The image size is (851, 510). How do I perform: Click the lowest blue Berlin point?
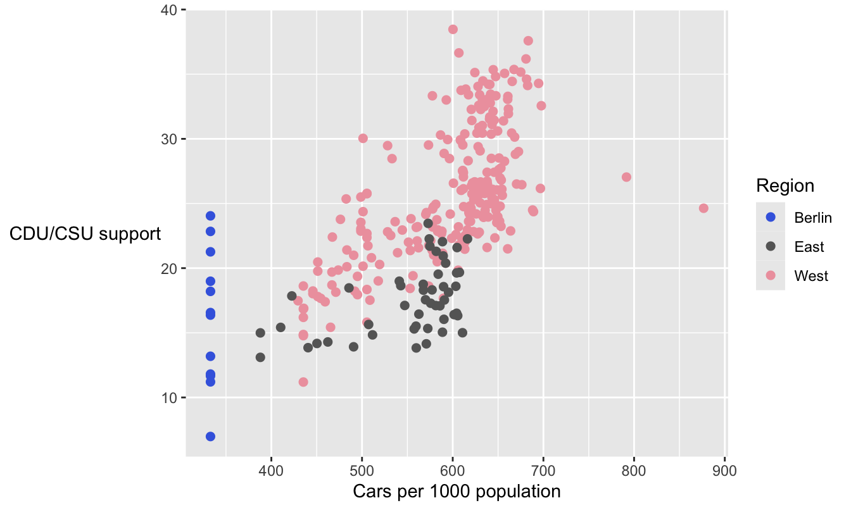pyautogui.click(x=210, y=437)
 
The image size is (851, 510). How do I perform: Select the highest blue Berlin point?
pyautogui.click(x=210, y=216)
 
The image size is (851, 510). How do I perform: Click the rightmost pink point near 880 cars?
pyautogui.click(x=703, y=208)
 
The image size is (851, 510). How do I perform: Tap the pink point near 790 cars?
pyautogui.click(x=626, y=177)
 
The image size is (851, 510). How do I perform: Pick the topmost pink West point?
pyautogui.click(x=453, y=29)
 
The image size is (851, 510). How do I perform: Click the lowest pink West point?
pyautogui.click(x=303, y=382)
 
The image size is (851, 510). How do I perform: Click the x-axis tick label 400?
pyautogui.click(x=271, y=471)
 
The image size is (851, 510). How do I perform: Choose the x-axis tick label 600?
pyautogui.click(x=452, y=471)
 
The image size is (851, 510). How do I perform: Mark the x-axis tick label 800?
pyautogui.click(x=633, y=471)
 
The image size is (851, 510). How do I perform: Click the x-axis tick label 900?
pyautogui.click(x=724, y=471)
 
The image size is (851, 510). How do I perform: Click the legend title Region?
pyautogui.click(x=785, y=185)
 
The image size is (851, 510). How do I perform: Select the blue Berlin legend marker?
pyautogui.click(x=771, y=217)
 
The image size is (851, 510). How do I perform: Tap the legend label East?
pyautogui.click(x=809, y=247)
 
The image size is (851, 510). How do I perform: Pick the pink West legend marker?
pyautogui.click(x=771, y=275)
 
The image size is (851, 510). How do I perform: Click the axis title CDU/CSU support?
pyautogui.click(x=85, y=234)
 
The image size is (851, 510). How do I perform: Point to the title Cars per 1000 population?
pyautogui.click(x=457, y=492)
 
